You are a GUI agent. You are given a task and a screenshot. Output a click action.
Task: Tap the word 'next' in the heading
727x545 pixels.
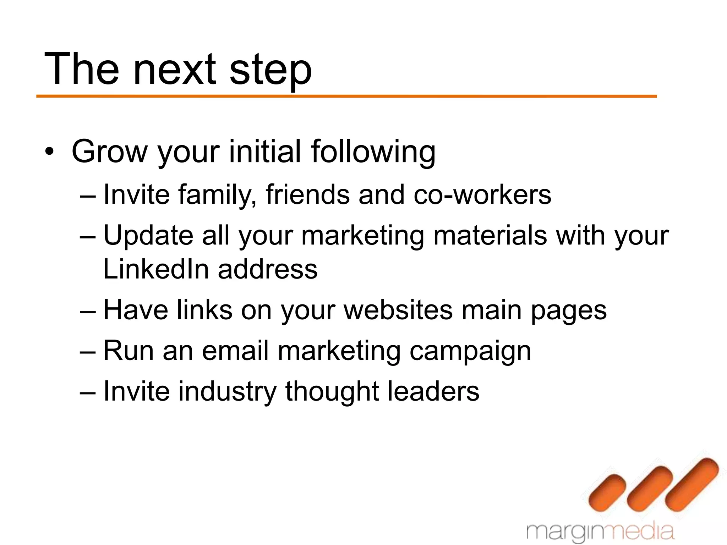click(174, 69)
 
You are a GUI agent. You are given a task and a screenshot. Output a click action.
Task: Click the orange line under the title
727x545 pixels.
click(346, 96)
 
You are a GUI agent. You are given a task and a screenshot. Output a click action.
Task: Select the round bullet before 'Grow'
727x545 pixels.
click(50, 153)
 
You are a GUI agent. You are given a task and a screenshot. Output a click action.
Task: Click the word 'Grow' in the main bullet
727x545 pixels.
click(109, 152)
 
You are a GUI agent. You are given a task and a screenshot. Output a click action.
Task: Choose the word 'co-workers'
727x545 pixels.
click(482, 195)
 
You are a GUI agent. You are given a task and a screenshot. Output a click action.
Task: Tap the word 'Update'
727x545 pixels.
click(148, 236)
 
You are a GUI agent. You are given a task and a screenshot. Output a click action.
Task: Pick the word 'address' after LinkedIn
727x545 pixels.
click(268, 269)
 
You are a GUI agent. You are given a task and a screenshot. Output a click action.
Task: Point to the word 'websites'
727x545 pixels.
click(398, 310)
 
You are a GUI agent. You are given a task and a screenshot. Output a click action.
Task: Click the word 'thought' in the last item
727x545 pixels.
click(332, 392)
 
